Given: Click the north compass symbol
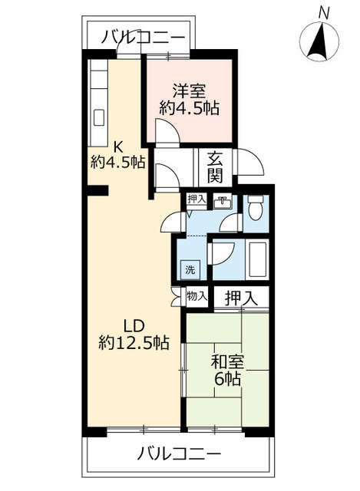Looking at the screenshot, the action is pyautogui.click(x=319, y=41).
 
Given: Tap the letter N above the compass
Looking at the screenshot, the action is pyautogui.click(x=324, y=13).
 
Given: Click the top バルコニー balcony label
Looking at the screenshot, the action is pyautogui.click(x=143, y=38).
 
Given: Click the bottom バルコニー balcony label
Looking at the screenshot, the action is pyautogui.click(x=179, y=453).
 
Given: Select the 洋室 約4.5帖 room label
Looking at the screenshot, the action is pyautogui.click(x=190, y=100).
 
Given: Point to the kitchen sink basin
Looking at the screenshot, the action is pyautogui.click(x=99, y=117).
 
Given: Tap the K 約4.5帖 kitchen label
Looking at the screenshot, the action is pyautogui.click(x=117, y=154).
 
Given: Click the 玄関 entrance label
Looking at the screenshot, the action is pyautogui.click(x=215, y=171).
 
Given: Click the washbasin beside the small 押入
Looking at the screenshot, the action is pyautogui.click(x=222, y=201).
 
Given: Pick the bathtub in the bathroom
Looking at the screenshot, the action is pyautogui.click(x=258, y=259).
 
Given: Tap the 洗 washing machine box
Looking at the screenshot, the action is pyautogui.click(x=190, y=270).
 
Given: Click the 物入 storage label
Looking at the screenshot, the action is pyautogui.click(x=197, y=295).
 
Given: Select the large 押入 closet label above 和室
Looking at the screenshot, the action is pyautogui.click(x=241, y=298).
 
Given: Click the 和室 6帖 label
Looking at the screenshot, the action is pyautogui.click(x=227, y=370).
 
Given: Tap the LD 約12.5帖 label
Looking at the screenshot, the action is pyautogui.click(x=134, y=334).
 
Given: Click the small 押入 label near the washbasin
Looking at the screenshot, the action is pyautogui.click(x=197, y=199).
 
